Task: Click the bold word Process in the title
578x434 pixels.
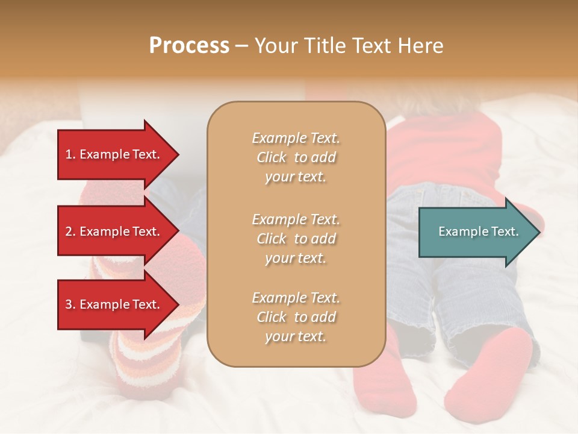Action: [189, 45]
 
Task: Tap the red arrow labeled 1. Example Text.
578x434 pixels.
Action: [114, 154]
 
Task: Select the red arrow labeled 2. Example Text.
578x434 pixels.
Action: [114, 231]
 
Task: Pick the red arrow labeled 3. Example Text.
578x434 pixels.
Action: [114, 304]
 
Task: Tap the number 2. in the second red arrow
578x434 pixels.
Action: [70, 231]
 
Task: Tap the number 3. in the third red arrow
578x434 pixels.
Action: [70, 304]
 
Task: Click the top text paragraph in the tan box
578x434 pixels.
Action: [296, 157]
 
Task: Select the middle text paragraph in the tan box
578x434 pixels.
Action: [296, 238]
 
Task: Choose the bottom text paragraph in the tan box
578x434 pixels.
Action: [296, 317]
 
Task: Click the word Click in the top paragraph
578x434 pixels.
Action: [272, 157]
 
